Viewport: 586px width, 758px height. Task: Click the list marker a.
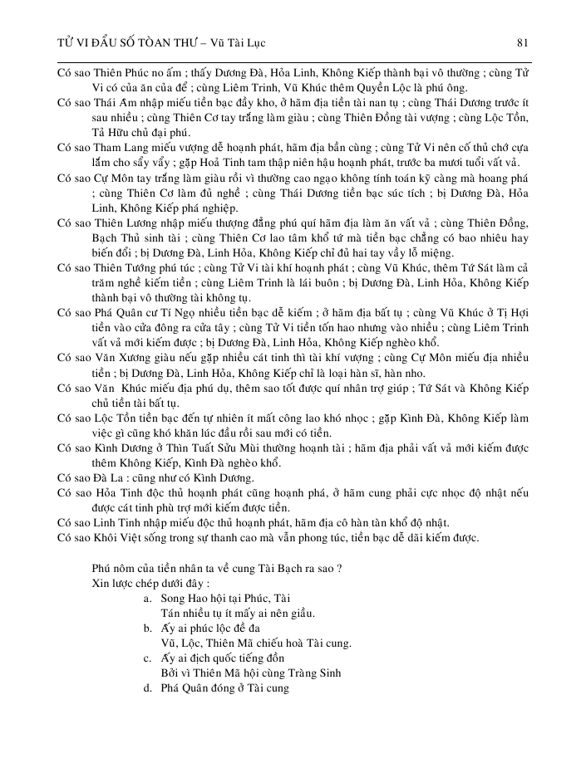(146, 598)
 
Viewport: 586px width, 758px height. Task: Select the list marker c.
(146, 658)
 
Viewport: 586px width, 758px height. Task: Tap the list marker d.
(146, 687)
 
